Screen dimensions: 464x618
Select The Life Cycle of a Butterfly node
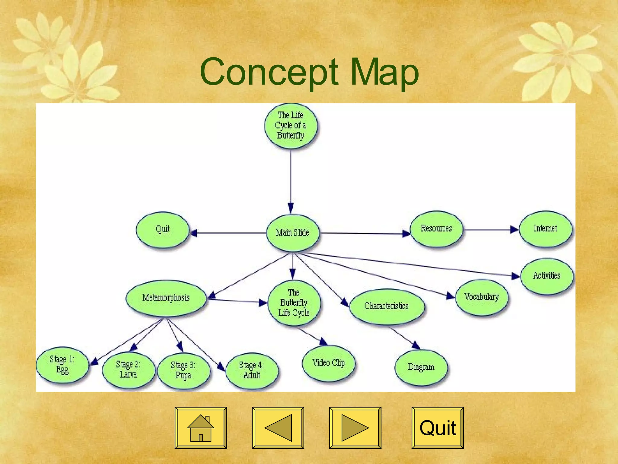(291, 125)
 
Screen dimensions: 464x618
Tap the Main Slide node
(292, 233)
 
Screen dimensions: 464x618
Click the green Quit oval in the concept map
(163, 230)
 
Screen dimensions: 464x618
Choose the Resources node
(436, 229)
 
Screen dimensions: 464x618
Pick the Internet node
(545, 229)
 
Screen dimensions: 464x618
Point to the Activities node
(547, 276)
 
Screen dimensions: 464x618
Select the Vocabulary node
(482, 297)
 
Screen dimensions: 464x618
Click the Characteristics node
(387, 306)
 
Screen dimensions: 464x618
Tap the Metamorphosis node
(166, 298)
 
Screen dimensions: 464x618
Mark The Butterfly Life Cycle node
(294, 303)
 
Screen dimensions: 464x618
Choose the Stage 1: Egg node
(62, 365)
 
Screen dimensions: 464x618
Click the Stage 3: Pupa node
(183, 370)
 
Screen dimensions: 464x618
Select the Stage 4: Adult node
(252, 370)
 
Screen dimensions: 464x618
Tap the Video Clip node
(329, 363)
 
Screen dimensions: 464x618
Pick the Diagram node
(421, 367)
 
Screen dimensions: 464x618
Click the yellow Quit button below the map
(438, 428)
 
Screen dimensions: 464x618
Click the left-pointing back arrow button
(278, 428)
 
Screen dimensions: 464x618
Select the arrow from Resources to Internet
(490, 230)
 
